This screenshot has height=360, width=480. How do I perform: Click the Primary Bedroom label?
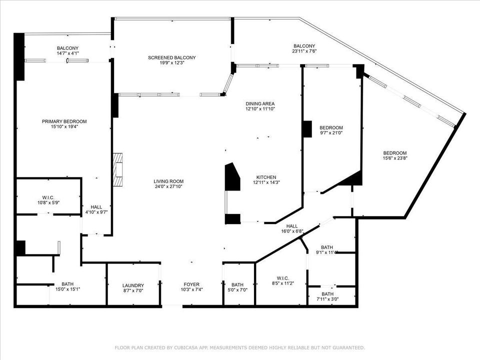[64, 121]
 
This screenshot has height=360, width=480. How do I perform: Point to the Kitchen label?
[266, 177]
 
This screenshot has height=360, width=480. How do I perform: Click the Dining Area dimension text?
[260, 109]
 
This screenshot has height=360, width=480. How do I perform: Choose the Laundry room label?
[133, 285]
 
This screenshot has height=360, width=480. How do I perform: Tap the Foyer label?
[191, 284]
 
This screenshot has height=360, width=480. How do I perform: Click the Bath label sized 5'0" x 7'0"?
[237, 284]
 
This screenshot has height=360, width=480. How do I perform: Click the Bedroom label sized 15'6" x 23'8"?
[394, 153]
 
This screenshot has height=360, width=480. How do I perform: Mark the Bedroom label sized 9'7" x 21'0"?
[331, 127]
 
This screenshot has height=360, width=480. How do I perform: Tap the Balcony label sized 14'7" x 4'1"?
[67, 48]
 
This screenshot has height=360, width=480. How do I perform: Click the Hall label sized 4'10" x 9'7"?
[96, 206]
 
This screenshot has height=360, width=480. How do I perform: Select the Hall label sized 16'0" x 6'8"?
[292, 225]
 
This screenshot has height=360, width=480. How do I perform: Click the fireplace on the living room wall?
[118, 170]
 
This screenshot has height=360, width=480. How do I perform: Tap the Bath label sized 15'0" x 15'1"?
[67, 283]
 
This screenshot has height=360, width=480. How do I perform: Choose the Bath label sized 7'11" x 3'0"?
[327, 293]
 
